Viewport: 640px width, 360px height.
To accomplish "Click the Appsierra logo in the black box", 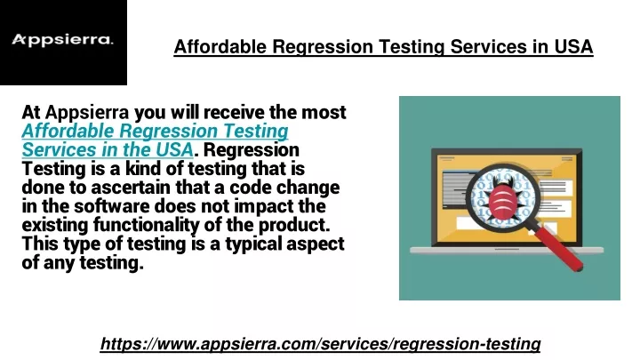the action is click(62, 40).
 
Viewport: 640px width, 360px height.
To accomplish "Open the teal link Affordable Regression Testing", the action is click(155, 131).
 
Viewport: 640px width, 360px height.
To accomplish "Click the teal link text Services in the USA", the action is click(108, 150).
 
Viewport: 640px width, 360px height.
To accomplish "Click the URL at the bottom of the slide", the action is click(320, 344).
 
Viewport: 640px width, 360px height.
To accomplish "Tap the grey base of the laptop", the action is click(507, 250).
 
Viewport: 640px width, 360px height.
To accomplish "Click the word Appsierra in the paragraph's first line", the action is click(87, 112).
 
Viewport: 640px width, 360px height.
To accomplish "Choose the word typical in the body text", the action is click(253, 244).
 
